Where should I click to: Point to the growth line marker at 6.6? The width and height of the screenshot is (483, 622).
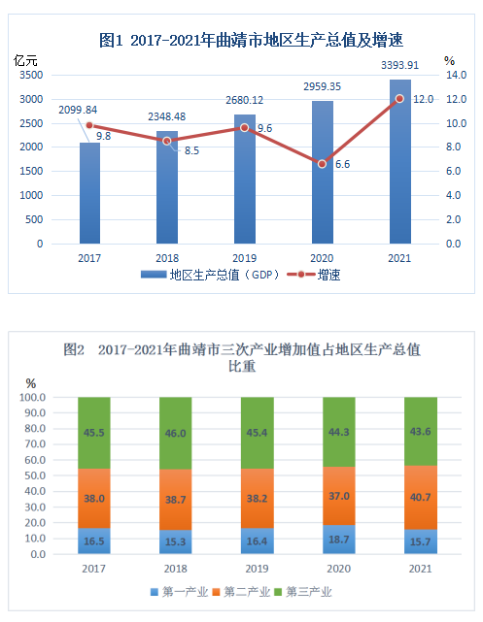click(x=323, y=164)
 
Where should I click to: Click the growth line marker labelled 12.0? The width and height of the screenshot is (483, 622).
click(x=399, y=98)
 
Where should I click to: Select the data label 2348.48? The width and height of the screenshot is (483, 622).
click(x=167, y=116)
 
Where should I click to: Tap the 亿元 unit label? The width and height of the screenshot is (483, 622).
click(x=26, y=59)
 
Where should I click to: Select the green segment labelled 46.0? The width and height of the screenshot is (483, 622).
click(x=175, y=433)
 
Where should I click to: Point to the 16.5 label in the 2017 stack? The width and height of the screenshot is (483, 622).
click(x=95, y=541)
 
